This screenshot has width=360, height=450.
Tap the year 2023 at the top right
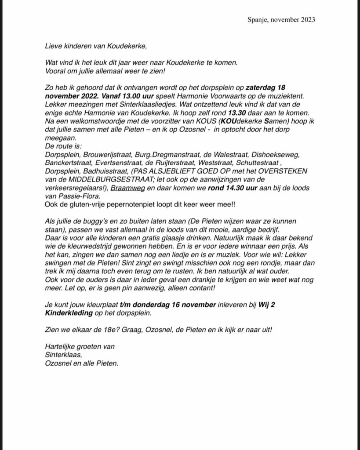coord(307,20)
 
